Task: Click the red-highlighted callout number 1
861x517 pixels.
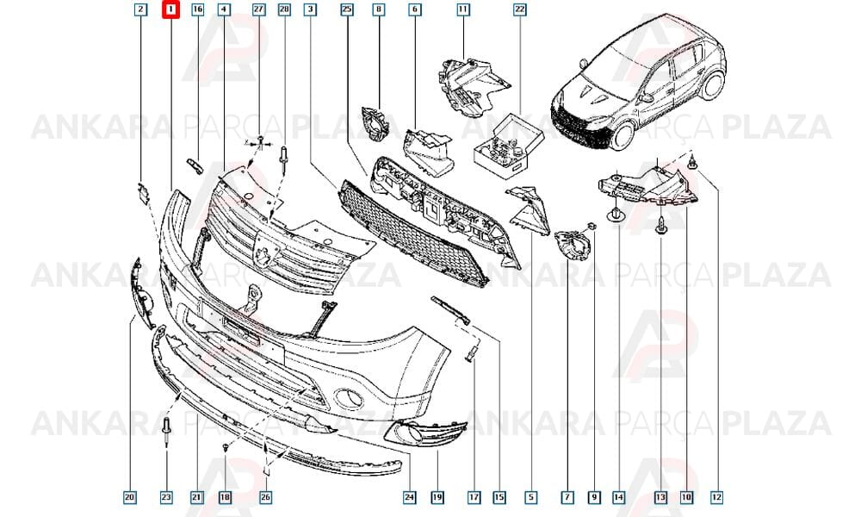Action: click(x=170, y=9)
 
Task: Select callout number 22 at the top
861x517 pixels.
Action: click(x=519, y=9)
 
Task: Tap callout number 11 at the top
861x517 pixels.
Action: click(x=463, y=9)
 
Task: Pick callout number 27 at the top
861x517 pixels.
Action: click(x=258, y=9)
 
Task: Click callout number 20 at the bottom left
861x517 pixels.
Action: click(x=130, y=498)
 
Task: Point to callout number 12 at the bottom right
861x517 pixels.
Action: click(x=716, y=498)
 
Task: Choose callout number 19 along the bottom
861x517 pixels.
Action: click(x=437, y=498)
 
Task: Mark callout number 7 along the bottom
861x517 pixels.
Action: click(x=567, y=498)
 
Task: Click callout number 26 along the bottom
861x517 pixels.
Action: click(x=265, y=498)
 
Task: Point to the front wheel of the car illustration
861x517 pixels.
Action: click(x=624, y=134)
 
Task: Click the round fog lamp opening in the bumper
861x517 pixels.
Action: click(x=349, y=398)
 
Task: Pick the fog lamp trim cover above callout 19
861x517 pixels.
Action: click(x=425, y=433)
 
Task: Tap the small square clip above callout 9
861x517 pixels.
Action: click(x=592, y=226)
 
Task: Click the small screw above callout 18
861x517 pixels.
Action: click(x=226, y=448)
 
